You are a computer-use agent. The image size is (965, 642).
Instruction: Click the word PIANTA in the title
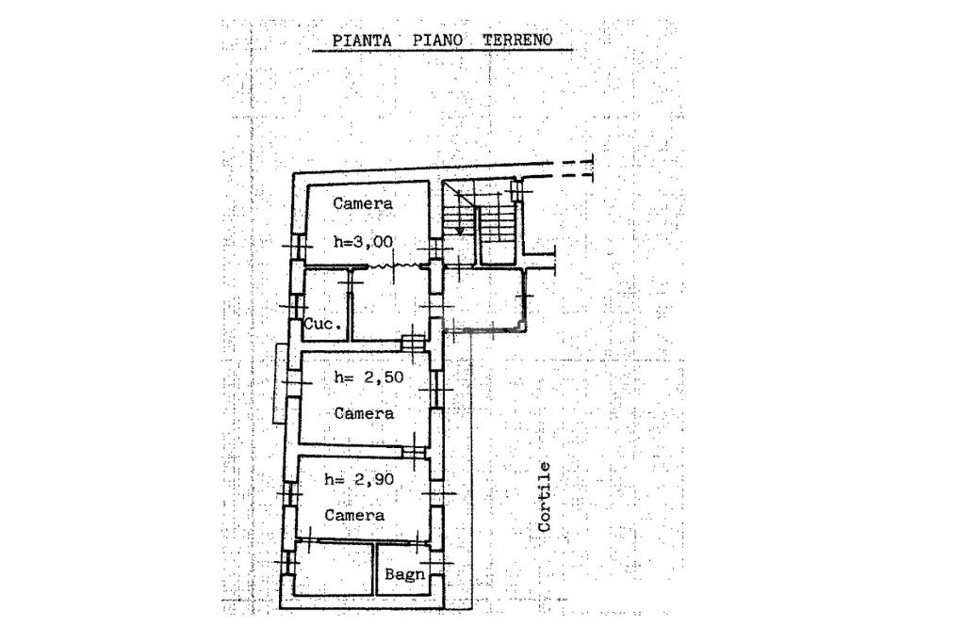(x=361, y=40)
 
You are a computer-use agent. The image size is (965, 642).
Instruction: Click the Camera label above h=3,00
(x=363, y=203)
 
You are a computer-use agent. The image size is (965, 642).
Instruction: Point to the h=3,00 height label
(x=363, y=242)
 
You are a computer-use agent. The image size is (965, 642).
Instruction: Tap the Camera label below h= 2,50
(x=364, y=413)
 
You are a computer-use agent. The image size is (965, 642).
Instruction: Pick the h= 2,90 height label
(x=358, y=479)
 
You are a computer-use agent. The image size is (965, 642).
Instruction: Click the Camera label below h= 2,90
(x=354, y=516)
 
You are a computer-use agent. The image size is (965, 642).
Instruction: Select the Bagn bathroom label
(x=404, y=574)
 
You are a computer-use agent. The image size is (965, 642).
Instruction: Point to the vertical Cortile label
(x=545, y=496)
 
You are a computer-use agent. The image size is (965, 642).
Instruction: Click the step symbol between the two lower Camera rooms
(x=414, y=453)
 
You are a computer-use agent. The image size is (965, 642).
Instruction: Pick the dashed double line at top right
(x=573, y=168)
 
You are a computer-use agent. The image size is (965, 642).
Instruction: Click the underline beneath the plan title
(x=443, y=51)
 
